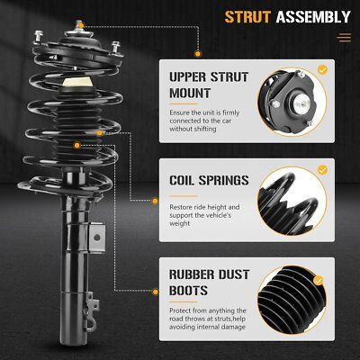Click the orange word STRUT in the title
247,17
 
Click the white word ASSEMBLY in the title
313,17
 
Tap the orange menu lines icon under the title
344,38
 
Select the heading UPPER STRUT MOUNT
209,85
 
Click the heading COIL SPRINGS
209,180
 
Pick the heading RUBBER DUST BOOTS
209,283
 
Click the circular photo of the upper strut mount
292,102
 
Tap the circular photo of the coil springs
292,201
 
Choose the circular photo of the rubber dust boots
292,301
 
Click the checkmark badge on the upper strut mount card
322,70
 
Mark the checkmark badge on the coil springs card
322,170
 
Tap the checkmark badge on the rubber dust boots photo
319,281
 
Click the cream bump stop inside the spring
77,82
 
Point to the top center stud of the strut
79,25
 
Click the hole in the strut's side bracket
96,238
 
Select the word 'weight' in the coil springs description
180,223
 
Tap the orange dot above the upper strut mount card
198,54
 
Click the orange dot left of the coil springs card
155,201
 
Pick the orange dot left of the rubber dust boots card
155,292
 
